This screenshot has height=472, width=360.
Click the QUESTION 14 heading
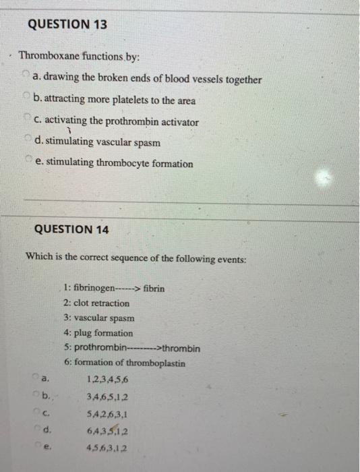(x=72, y=229)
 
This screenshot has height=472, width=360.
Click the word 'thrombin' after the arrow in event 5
(x=182, y=348)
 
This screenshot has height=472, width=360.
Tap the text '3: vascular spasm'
(x=98, y=318)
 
